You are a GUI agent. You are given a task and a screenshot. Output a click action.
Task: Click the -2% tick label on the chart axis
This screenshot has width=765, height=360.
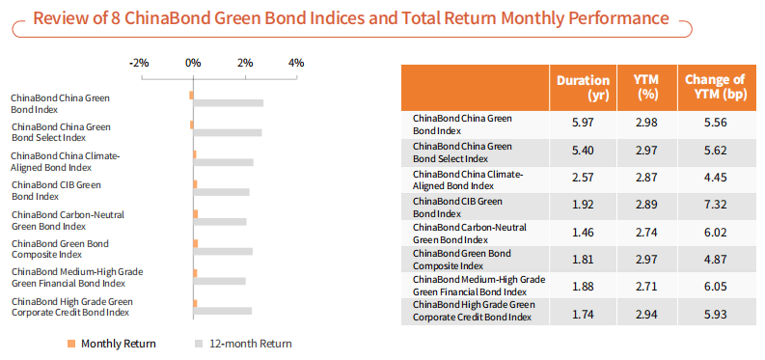tap(139, 63)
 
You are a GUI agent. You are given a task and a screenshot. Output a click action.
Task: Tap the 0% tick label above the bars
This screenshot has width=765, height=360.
tap(193, 63)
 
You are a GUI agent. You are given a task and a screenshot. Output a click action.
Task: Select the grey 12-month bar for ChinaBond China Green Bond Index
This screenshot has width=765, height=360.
tap(229, 103)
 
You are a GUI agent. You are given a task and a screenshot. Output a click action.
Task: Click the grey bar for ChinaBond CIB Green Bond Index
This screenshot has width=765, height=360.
tap(222, 192)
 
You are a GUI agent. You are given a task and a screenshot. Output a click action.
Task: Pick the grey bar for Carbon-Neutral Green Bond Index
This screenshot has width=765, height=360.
tap(220, 221)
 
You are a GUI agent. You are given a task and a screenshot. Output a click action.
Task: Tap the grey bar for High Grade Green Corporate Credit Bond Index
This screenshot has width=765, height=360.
tap(223, 310)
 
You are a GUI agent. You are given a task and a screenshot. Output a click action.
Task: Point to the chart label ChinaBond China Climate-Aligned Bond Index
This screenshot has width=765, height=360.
tap(65, 161)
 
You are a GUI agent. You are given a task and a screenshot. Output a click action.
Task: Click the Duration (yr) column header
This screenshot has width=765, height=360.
tap(583, 88)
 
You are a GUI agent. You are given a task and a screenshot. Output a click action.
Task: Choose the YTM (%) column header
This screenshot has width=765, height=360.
tap(644, 88)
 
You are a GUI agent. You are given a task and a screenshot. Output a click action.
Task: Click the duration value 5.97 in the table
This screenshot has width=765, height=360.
tap(583, 124)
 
